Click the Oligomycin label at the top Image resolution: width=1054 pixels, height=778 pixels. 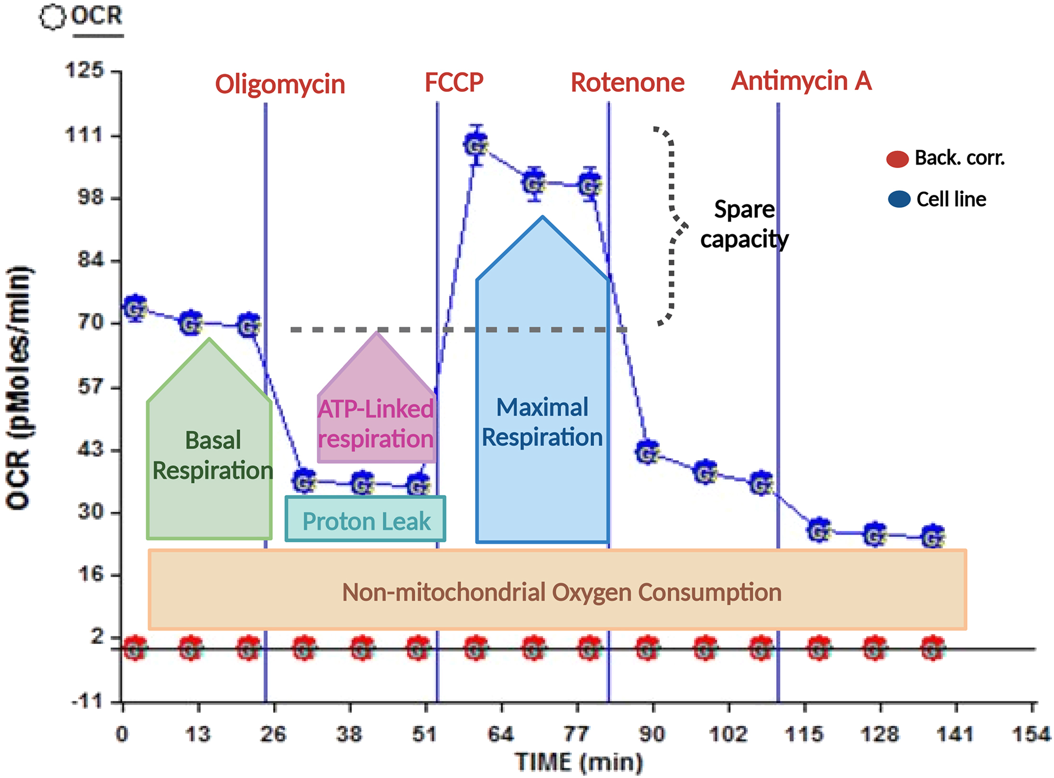coord(280,84)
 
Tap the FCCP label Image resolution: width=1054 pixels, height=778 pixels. coord(454,82)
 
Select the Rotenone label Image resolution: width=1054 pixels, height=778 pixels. coord(627,82)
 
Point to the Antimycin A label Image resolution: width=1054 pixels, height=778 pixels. coord(801,80)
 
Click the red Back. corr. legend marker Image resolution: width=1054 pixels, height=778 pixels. coord(897,159)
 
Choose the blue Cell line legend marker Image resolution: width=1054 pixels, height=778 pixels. coord(899,199)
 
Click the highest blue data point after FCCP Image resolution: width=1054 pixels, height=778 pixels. coord(476,145)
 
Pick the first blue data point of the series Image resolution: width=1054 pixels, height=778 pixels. coord(135,308)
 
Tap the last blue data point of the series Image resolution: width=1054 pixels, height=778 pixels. coord(932,537)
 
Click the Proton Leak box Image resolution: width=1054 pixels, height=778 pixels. coord(366,520)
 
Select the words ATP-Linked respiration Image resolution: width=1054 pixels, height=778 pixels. coord(376,423)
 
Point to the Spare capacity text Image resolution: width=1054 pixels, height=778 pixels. coord(744,224)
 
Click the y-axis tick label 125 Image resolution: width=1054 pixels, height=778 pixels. coord(84,70)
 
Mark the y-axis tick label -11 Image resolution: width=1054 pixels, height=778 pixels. coord(87,702)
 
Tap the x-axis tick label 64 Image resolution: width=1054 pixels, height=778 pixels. coord(501,733)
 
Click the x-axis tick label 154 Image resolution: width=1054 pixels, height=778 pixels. coord(1031,733)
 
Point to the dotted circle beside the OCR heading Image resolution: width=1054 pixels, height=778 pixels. coord(52,17)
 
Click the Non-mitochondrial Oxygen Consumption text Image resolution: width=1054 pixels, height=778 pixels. coord(561,592)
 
